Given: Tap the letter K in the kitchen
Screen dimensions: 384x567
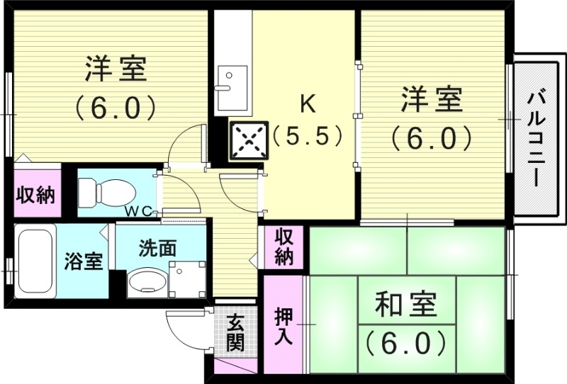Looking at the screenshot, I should [308, 104].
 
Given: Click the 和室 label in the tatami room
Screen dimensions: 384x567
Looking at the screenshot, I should [405, 307].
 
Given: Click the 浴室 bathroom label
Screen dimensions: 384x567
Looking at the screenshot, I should [84, 260].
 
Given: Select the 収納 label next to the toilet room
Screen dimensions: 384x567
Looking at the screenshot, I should [35, 195].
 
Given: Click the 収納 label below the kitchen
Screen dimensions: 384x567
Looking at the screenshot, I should [284, 246].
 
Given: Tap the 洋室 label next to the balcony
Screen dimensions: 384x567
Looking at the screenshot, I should [432, 100].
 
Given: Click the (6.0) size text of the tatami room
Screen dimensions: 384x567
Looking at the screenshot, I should [407, 344].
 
